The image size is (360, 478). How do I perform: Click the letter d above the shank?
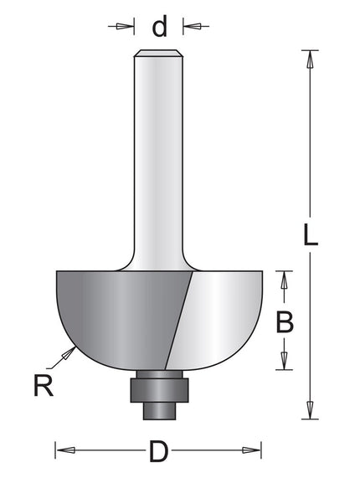click(159, 27)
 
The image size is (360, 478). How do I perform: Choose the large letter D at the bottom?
click(157, 453)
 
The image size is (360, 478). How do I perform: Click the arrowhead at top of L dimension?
click(310, 59)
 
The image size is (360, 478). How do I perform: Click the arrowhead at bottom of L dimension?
click(310, 409)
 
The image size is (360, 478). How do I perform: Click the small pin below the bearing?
click(158, 410)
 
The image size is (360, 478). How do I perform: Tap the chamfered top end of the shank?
click(159, 54)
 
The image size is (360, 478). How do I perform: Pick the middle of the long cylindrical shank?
click(159, 159)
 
